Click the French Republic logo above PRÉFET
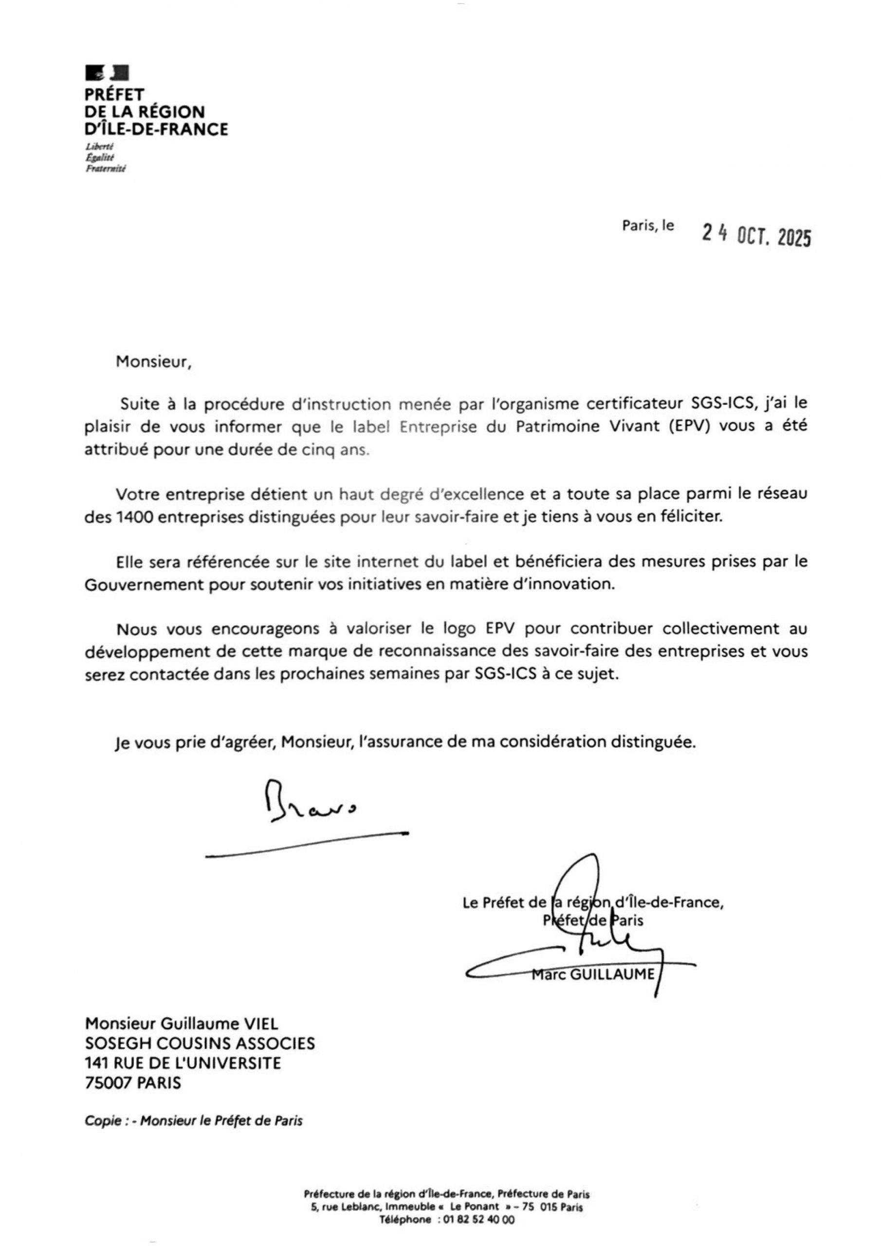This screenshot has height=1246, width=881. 107,72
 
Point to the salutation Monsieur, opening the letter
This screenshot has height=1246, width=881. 154,362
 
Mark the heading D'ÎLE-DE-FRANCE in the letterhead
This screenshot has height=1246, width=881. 156,129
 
